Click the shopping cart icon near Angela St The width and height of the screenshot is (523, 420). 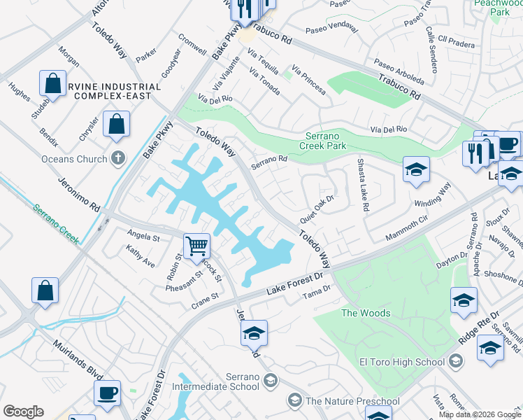click(x=197, y=246)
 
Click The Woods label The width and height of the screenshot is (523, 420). click(x=365, y=313)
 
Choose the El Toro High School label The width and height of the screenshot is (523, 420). click(x=401, y=362)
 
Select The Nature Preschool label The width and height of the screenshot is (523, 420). click(x=352, y=401)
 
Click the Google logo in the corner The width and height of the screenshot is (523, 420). click(x=22, y=412)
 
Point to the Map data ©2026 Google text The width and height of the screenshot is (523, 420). click(x=479, y=414)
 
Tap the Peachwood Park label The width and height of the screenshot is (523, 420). click(x=500, y=8)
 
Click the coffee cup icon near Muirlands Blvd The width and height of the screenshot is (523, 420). click(x=107, y=393)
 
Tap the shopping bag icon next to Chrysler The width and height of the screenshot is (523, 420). click(x=116, y=125)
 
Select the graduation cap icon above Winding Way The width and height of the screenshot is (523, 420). click(x=415, y=170)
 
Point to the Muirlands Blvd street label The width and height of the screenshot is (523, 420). click(x=77, y=363)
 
